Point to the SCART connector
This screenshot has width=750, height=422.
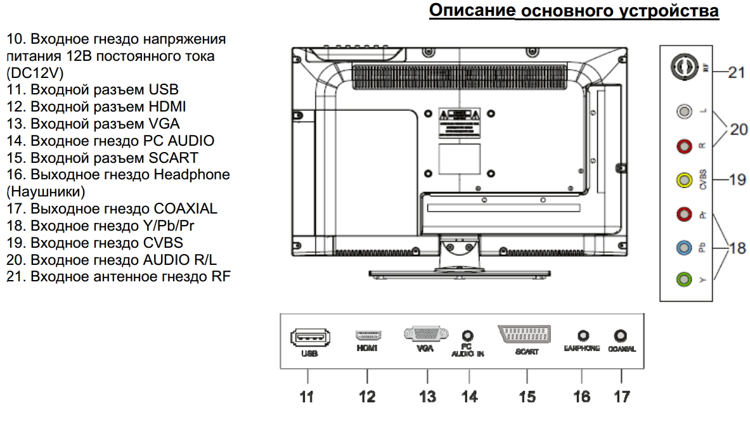[x=526, y=334]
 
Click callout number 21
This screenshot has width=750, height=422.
[x=736, y=72]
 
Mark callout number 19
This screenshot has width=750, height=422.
[x=737, y=180]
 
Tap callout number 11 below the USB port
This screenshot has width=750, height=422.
[x=307, y=397]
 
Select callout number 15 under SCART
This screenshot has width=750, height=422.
[x=527, y=397]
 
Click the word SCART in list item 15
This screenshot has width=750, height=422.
[x=180, y=157]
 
